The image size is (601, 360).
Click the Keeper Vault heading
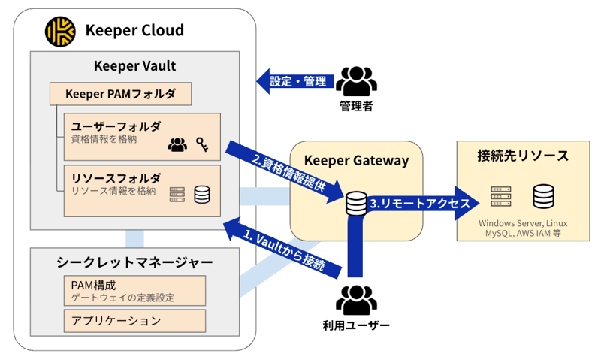pos(134,65)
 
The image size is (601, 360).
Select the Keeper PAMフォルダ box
pos(120,94)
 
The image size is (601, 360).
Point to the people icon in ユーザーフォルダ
pos(177,144)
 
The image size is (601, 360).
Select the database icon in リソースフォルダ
pos(202,195)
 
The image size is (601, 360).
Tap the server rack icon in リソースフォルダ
pos(177,195)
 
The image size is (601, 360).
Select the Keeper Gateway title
pos(355,160)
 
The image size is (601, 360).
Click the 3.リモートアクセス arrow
pos(417,204)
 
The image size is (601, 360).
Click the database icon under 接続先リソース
pos(544,197)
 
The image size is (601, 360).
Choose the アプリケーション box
pos(134,321)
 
